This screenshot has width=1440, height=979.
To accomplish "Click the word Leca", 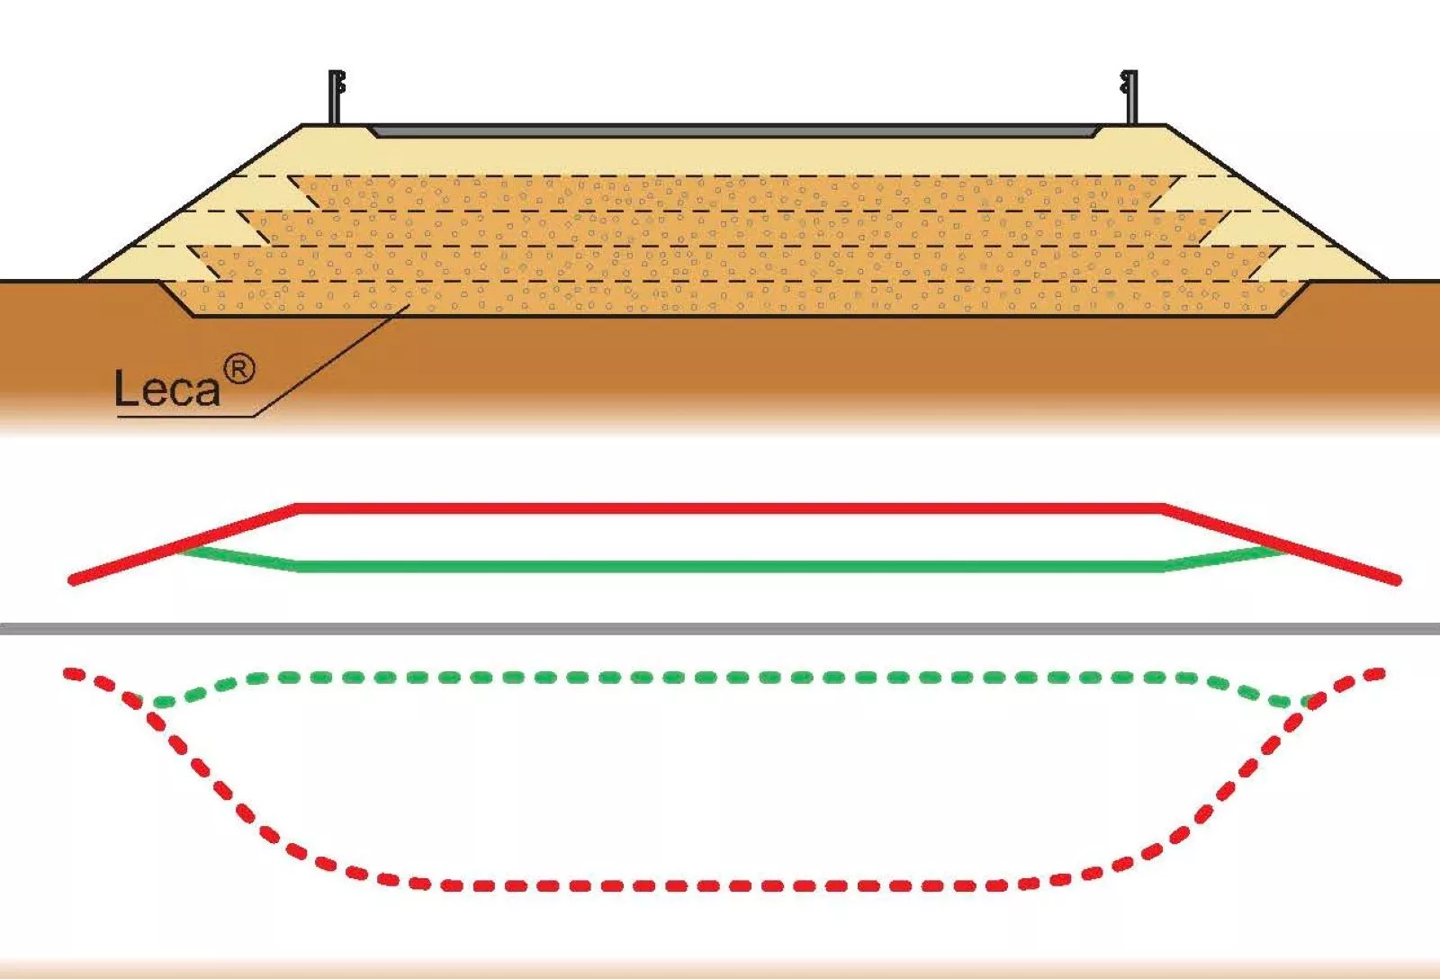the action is pos(167,388).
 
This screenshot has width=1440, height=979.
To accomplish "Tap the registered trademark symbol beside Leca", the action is pos(239,370).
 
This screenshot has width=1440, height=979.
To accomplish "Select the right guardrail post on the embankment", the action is pos(1129,97).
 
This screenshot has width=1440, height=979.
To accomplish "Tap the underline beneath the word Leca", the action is pos(185,418).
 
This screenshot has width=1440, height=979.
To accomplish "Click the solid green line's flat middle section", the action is pos(730,566).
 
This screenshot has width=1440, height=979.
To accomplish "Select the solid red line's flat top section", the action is pos(730,508).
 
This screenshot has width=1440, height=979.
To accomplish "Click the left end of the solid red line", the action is pos(72,581).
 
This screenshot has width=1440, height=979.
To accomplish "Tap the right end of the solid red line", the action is pos(1397,580).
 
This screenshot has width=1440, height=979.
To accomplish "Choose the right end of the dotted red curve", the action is pos(1379,673).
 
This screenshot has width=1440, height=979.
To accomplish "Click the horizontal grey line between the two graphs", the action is pos(720,629).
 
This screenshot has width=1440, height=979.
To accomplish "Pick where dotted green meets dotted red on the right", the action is pos(1306,701).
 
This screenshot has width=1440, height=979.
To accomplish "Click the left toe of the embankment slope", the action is pos(82,280).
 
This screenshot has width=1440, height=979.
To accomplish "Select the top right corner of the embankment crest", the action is pos(1165,125).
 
